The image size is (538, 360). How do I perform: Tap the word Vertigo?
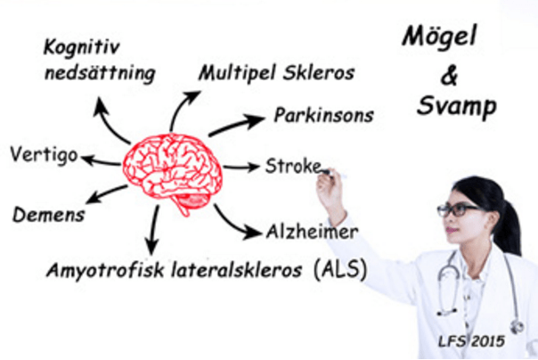pos(43,153)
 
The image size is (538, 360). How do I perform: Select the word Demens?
pos(49,215)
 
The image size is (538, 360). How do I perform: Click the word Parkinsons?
pos(323,116)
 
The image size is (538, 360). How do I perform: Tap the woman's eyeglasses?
pos(459,210)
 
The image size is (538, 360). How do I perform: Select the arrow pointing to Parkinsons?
pos(236,125)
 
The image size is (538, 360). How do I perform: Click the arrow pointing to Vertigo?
pos(100,160)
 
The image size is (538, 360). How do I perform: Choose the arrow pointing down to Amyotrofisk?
pos(152,232)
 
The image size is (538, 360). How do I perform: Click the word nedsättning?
pos(99,73)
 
